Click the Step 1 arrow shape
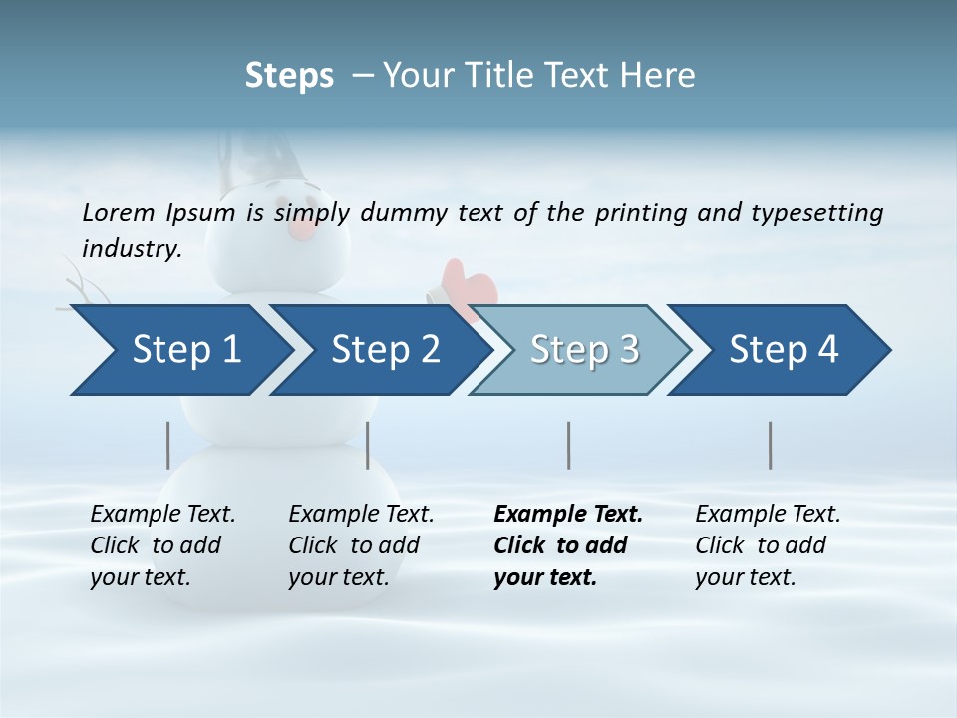(179, 350)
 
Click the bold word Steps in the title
(289, 76)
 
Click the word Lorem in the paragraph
(119, 212)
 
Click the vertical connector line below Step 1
(168, 445)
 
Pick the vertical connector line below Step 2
(368, 445)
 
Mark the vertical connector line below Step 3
(568, 445)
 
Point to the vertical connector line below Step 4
(770, 445)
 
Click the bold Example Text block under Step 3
(568, 545)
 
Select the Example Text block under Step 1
(162, 545)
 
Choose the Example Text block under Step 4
(768, 545)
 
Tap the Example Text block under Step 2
(361, 545)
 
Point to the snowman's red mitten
(469, 284)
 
